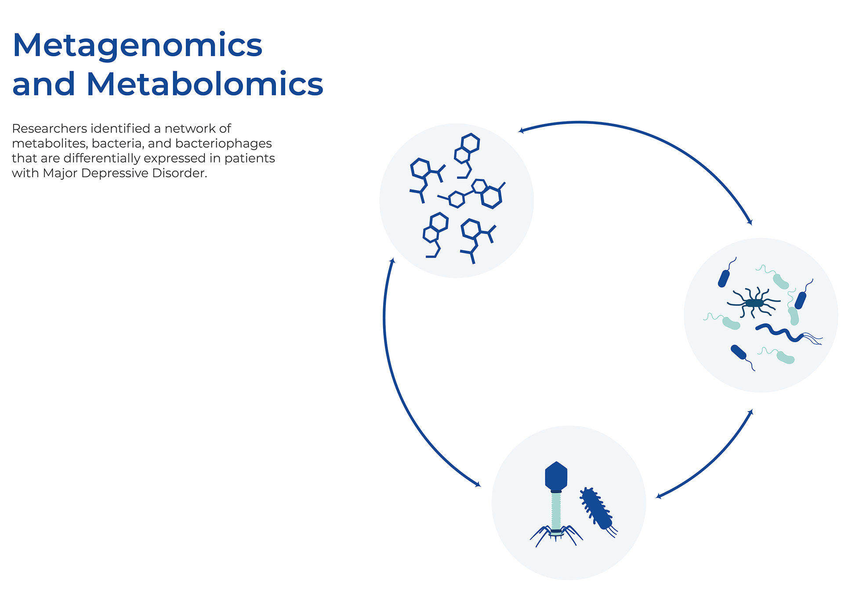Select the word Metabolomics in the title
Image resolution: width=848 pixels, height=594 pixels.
tap(205, 84)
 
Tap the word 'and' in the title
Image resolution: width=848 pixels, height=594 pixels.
tap(43, 84)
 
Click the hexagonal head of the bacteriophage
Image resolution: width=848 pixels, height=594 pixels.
tap(556, 476)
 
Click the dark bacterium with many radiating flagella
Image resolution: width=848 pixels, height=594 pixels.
tap(754, 302)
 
